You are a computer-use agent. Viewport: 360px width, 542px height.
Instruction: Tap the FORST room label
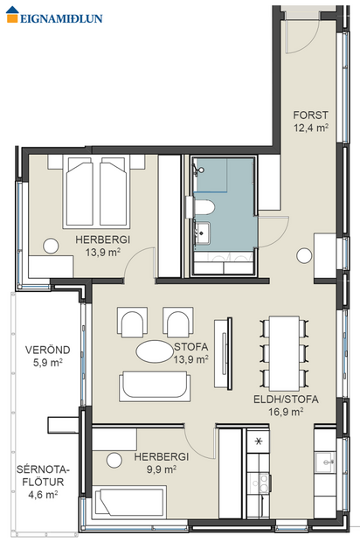coord(310,114)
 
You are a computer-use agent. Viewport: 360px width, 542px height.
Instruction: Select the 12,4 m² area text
coord(310,128)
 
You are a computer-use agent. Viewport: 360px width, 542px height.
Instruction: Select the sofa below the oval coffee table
coord(156,386)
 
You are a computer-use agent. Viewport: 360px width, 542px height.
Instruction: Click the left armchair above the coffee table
coord(133,323)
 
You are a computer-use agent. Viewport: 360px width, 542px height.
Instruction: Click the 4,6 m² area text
coord(41,494)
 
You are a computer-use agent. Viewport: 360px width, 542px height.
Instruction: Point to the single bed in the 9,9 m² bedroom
coord(131,503)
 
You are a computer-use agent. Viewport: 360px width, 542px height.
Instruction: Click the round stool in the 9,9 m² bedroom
coord(114,459)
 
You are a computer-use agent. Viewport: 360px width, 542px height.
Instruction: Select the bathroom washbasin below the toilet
coord(204,233)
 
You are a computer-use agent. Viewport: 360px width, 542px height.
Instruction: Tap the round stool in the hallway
coord(304,255)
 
